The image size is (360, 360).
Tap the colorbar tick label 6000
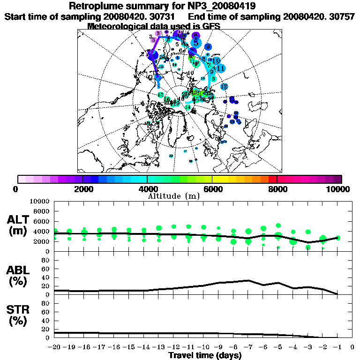212,189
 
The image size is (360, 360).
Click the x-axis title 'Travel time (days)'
205,355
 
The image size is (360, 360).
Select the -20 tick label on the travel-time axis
54,347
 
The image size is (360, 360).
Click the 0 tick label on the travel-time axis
352,347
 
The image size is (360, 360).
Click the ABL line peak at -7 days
248,280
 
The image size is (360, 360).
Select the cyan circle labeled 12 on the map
224,87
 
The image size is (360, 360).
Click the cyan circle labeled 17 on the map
160,95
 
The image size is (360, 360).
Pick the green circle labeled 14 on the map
188,107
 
